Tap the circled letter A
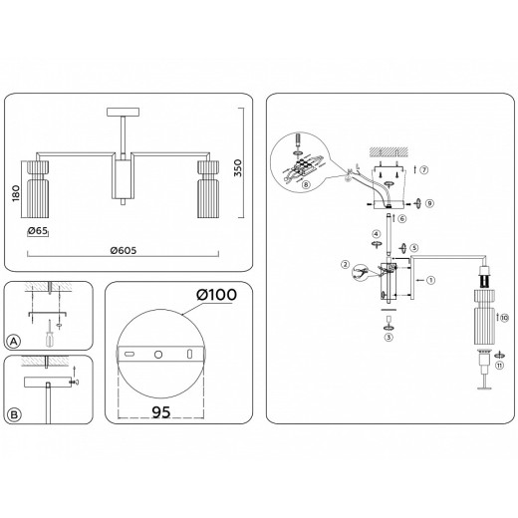tap(13, 340)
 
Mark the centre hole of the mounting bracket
tap(156, 354)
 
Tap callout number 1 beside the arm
tap(430, 280)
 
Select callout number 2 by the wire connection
tap(346, 265)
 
